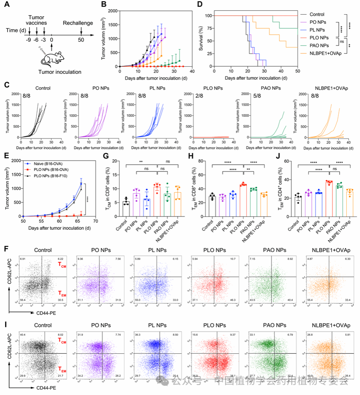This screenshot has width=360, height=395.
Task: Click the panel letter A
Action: pos(7,6)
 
